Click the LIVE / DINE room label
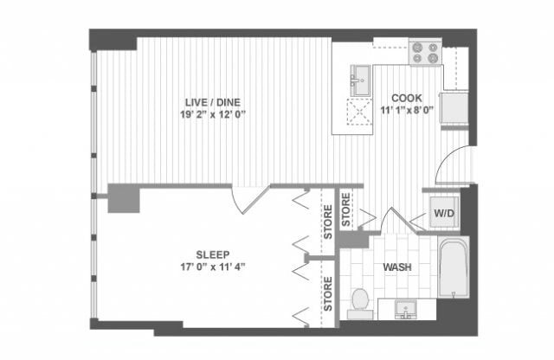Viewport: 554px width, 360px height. point(203,102)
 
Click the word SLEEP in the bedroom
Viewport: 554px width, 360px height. point(212,254)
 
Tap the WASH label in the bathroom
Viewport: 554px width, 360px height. point(398,267)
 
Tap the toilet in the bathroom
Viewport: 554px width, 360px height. point(360,301)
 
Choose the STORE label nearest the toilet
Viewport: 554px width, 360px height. point(328,293)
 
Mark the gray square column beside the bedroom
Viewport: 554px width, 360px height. point(125,198)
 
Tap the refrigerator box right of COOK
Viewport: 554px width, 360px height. point(454,109)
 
